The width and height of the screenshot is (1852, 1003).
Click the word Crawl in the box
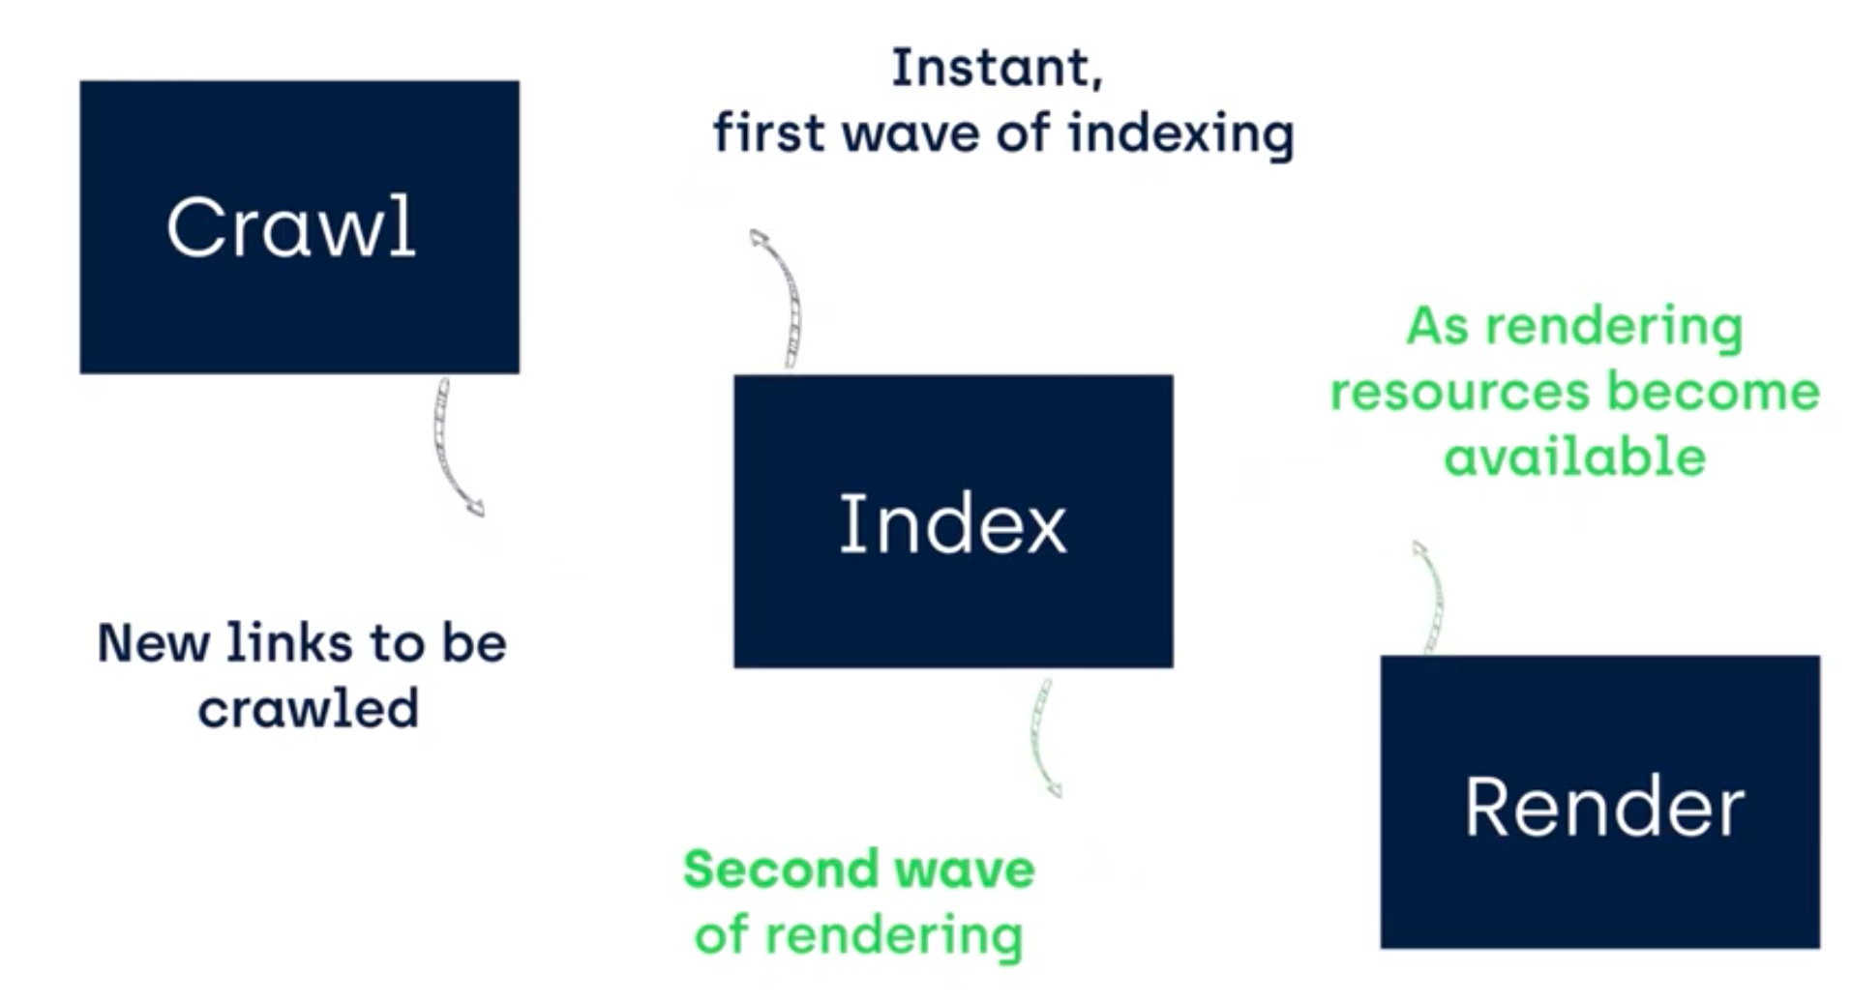(291, 227)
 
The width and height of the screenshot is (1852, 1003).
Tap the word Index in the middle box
(953, 523)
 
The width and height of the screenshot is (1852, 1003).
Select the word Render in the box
(1604, 807)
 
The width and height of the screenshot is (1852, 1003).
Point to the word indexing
(1180, 133)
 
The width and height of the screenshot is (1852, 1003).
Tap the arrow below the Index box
(1041, 737)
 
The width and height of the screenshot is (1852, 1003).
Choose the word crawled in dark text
(308, 708)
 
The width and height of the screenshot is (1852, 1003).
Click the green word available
(1574, 456)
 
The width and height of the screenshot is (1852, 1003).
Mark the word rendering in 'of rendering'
(893, 935)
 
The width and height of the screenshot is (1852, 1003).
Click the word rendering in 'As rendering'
(1614, 327)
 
